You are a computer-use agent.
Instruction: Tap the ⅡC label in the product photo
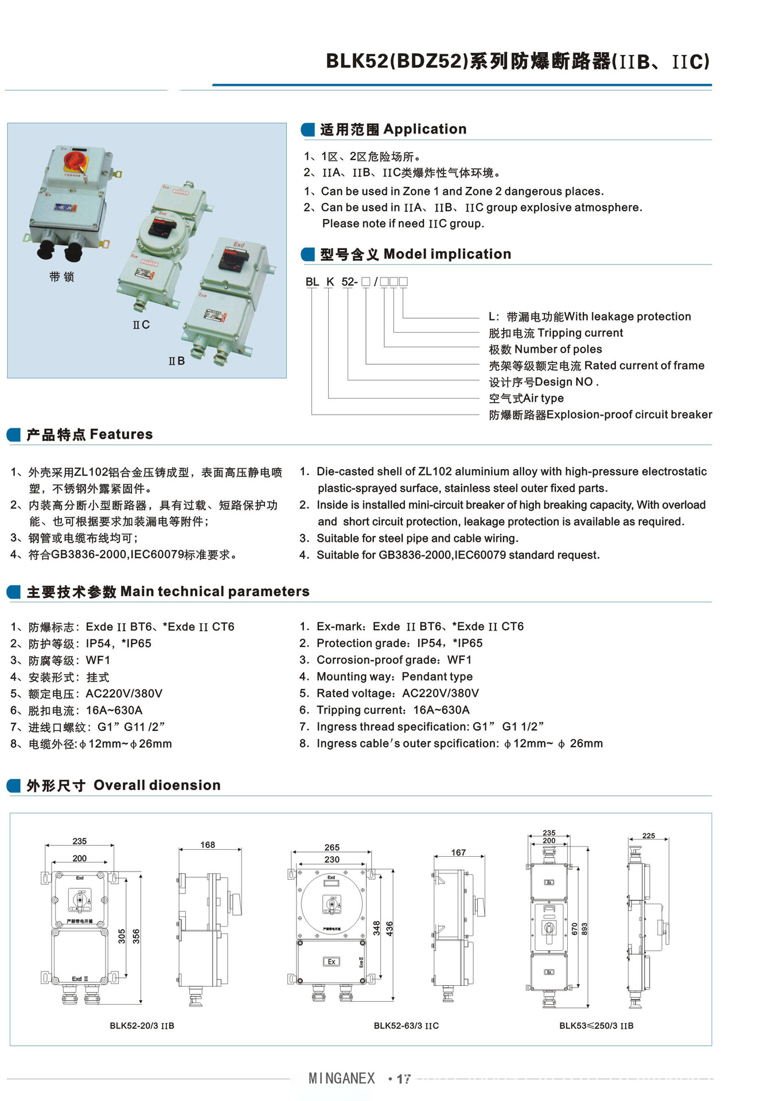(141, 325)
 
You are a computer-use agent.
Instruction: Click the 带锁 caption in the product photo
(61, 277)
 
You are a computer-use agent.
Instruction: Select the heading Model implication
(447, 254)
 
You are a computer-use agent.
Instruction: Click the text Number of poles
(558, 349)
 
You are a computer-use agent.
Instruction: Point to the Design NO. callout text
(566, 382)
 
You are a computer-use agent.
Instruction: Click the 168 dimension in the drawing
(208, 845)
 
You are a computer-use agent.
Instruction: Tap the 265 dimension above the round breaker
(332, 847)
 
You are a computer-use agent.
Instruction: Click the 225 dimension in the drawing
(648, 835)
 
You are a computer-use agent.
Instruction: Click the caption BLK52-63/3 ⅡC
(406, 1025)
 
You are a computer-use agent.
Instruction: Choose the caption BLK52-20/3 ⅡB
(142, 1025)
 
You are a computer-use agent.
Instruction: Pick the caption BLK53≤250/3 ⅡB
(596, 1025)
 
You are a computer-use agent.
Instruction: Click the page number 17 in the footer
(404, 1079)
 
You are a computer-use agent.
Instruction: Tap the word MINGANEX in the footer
(341, 1078)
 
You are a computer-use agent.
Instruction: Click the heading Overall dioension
(157, 785)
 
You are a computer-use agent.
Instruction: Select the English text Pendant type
(437, 677)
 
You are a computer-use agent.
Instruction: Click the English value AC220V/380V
(440, 693)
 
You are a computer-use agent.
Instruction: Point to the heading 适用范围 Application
(393, 130)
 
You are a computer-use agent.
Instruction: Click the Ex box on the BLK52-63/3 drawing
(331, 962)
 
